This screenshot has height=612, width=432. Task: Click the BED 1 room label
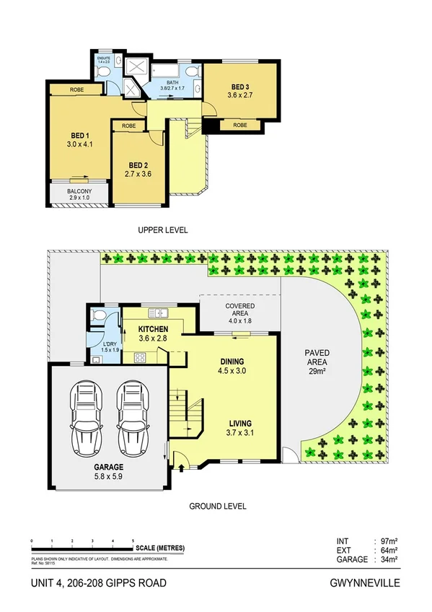(79, 135)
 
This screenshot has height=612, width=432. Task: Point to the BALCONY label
(79, 191)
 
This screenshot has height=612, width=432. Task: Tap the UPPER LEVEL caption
(163, 230)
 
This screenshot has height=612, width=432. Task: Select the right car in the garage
(133, 416)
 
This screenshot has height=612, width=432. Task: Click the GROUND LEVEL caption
(217, 507)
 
